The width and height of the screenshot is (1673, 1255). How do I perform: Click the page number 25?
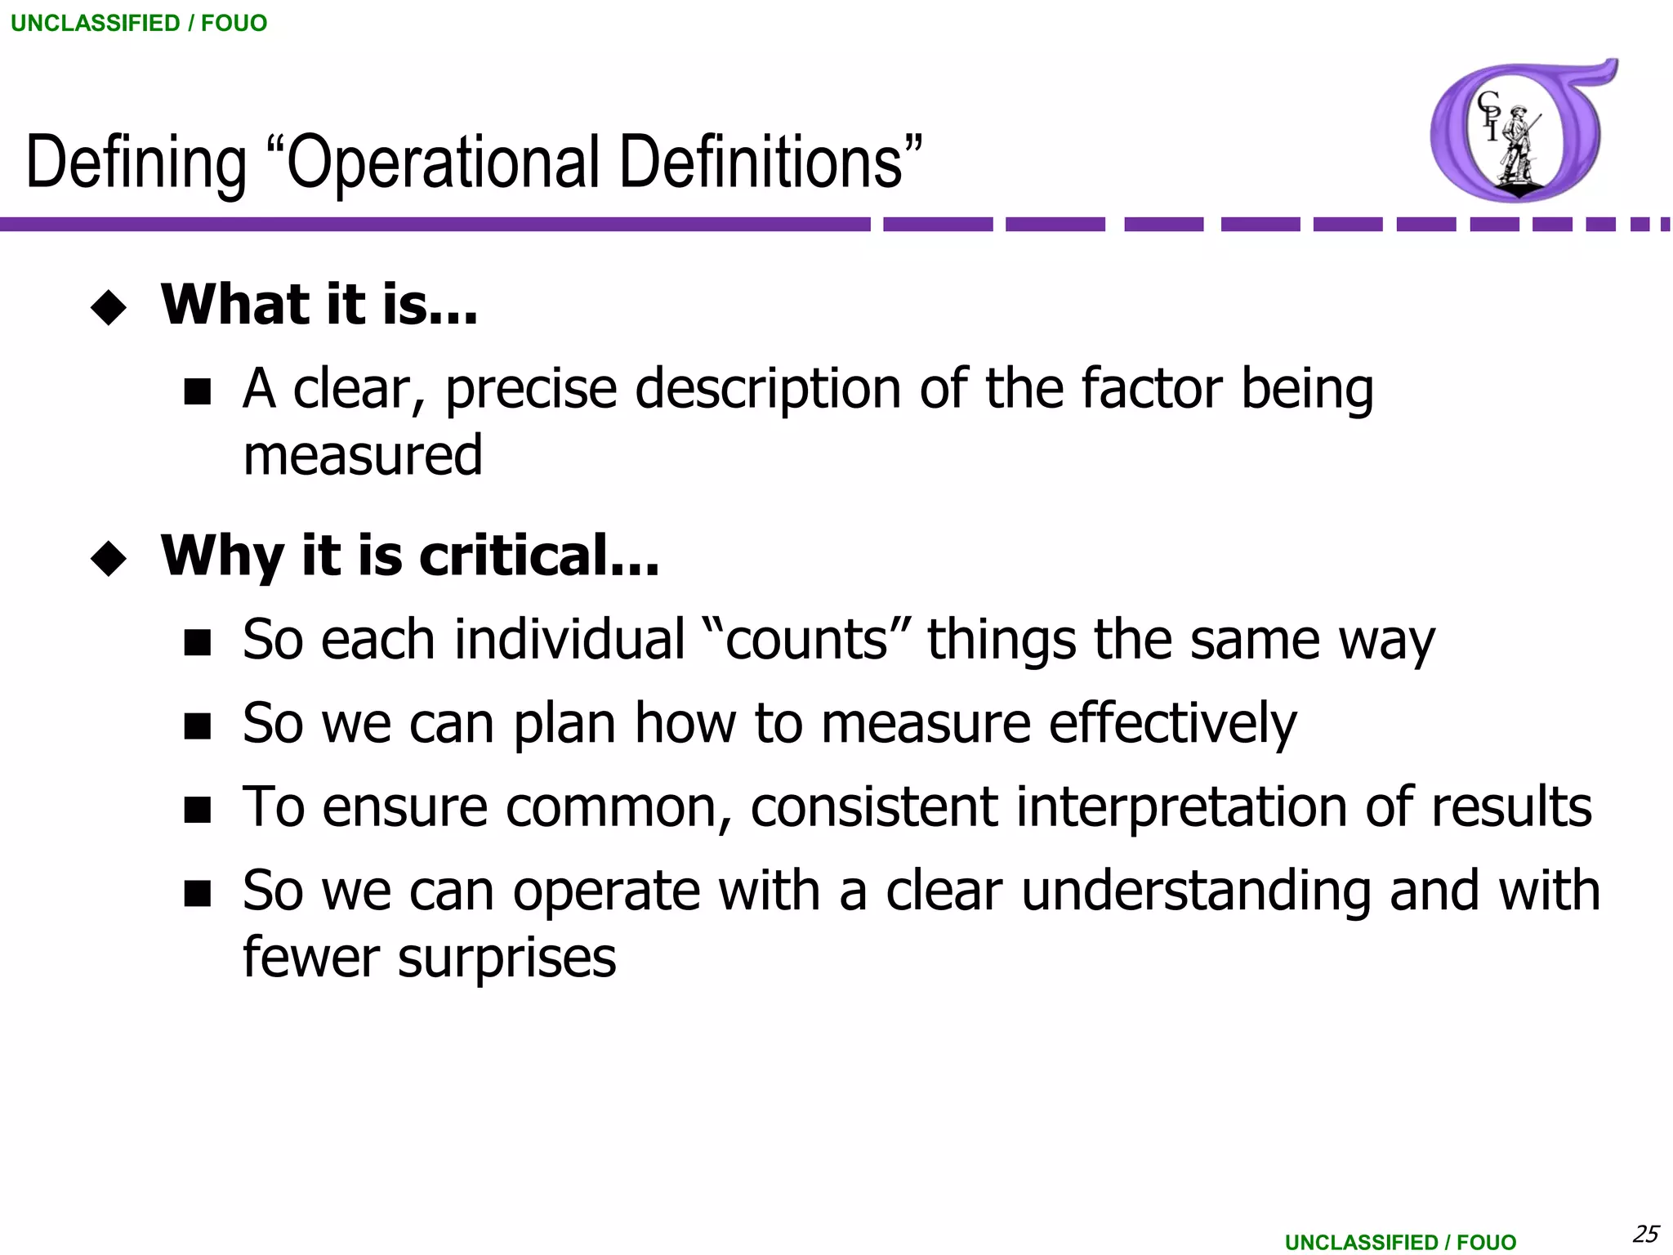point(1645,1233)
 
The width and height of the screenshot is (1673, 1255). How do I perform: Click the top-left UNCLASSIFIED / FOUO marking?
point(139,23)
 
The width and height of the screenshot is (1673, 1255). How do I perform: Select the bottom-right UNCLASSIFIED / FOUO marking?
point(1400,1242)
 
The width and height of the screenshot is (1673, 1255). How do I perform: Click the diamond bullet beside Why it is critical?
point(109,559)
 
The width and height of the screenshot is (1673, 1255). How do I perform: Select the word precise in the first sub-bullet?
point(531,389)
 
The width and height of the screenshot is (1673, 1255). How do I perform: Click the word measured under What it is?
point(363,456)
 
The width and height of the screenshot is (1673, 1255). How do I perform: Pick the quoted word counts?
point(805,640)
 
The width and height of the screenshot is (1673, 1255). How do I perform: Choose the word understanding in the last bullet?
point(1196,891)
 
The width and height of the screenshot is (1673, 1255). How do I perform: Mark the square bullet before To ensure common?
point(198,810)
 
